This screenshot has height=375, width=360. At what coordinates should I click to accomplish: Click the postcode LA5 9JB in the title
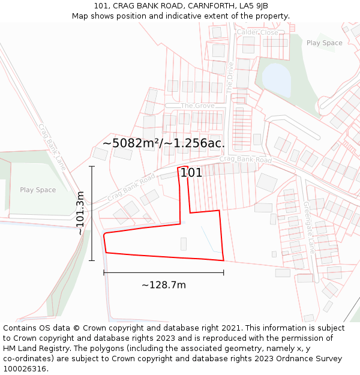[253, 6]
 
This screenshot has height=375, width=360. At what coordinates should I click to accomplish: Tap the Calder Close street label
[257, 32]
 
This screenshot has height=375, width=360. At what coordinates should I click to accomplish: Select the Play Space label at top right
[324, 43]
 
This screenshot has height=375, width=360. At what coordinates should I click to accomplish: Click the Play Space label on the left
[38, 190]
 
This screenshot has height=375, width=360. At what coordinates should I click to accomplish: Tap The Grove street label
[197, 106]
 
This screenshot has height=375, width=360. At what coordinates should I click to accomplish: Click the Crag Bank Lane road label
[52, 146]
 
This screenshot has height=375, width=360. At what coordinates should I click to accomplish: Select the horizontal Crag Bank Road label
[245, 160]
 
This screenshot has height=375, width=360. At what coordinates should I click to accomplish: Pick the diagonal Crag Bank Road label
[131, 188]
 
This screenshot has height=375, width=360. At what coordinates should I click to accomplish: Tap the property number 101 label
[191, 173]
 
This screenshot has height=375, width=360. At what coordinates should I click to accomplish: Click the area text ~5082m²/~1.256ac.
[163, 143]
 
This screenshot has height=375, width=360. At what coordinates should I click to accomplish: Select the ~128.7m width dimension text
[163, 285]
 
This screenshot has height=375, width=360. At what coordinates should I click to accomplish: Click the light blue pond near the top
[275, 77]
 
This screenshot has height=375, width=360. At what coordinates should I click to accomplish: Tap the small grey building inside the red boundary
[184, 244]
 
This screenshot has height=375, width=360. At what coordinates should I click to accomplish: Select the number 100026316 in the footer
[26, 368]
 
